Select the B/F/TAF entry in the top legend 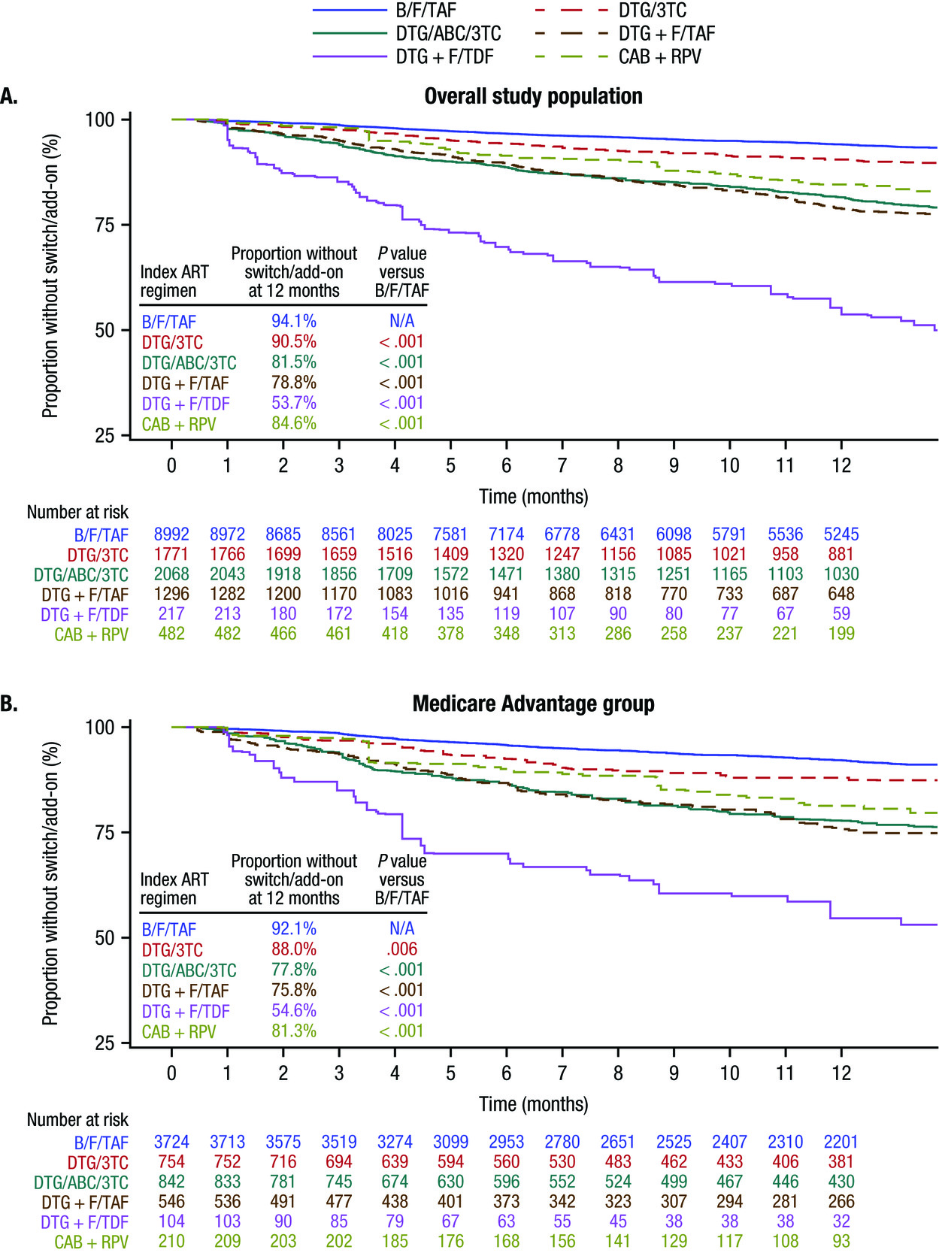click(x=426, y=11)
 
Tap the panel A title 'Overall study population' click(x=533, y=96)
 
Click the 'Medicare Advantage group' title click(x=533, y=704)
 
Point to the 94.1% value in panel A click(x=294, y=321)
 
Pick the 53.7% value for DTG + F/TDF click(x=294, y=403)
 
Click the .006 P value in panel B click(x=401, y=949)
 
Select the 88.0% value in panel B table click(x=294, y=949)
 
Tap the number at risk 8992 click(x=171, y=534)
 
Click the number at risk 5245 click(x=841, y=534)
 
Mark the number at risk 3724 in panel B click(x=171, y=1142)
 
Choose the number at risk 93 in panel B click(x=841, y=1241)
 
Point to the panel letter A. click(x=9, y=96)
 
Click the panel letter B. click(x=9, y=704)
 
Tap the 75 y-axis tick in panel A click(x=105, y=225)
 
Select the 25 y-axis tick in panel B click(x=105, y=1043)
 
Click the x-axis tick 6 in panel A click(x=506, y=465)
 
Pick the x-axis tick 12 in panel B click(x=841, y=1073)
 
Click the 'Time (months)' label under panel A click(x=533, y=496)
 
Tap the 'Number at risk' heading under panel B click(x=77, y=1119)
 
